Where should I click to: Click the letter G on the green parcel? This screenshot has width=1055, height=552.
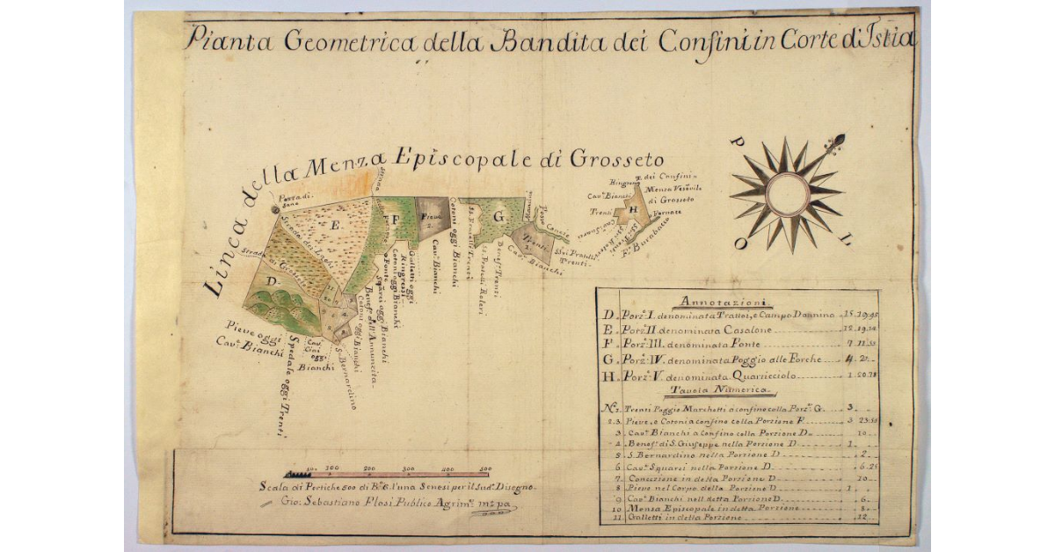(498, 215)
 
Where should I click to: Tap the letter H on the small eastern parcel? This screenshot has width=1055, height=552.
(632, 211)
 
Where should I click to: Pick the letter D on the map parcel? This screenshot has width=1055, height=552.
(272, 281)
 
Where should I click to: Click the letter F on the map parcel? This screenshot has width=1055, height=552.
(396, 217)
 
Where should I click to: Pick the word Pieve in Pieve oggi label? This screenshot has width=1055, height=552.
(240, 329)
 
